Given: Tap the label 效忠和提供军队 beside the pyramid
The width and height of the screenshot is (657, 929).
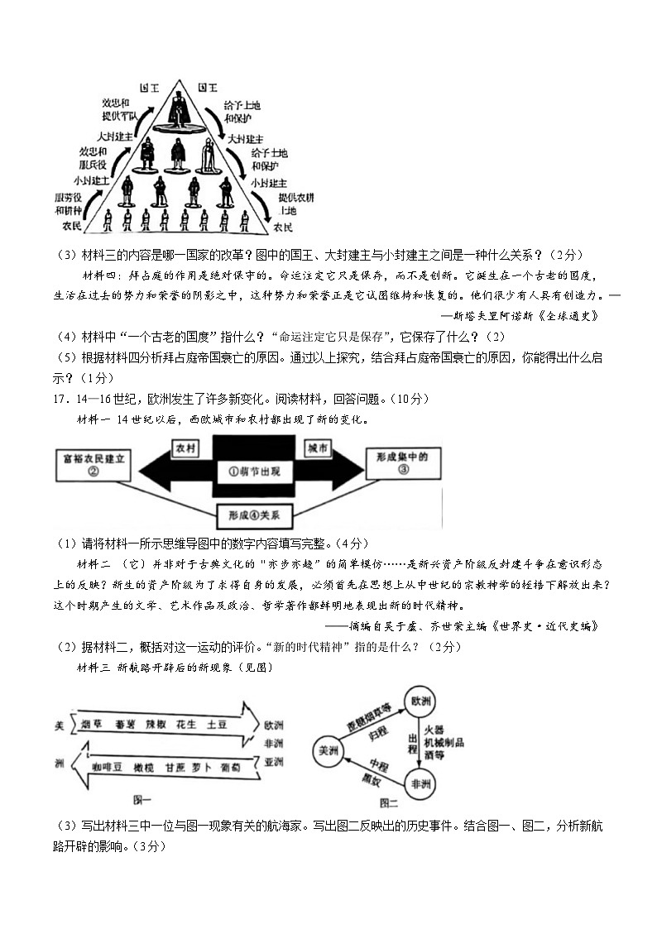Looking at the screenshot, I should [116, 109].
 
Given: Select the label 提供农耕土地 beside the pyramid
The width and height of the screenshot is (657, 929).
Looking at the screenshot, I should [296, 204].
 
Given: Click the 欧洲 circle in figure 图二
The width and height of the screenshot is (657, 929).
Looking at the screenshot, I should [420, 702].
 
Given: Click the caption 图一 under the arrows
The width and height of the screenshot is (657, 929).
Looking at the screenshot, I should [142, 799].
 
